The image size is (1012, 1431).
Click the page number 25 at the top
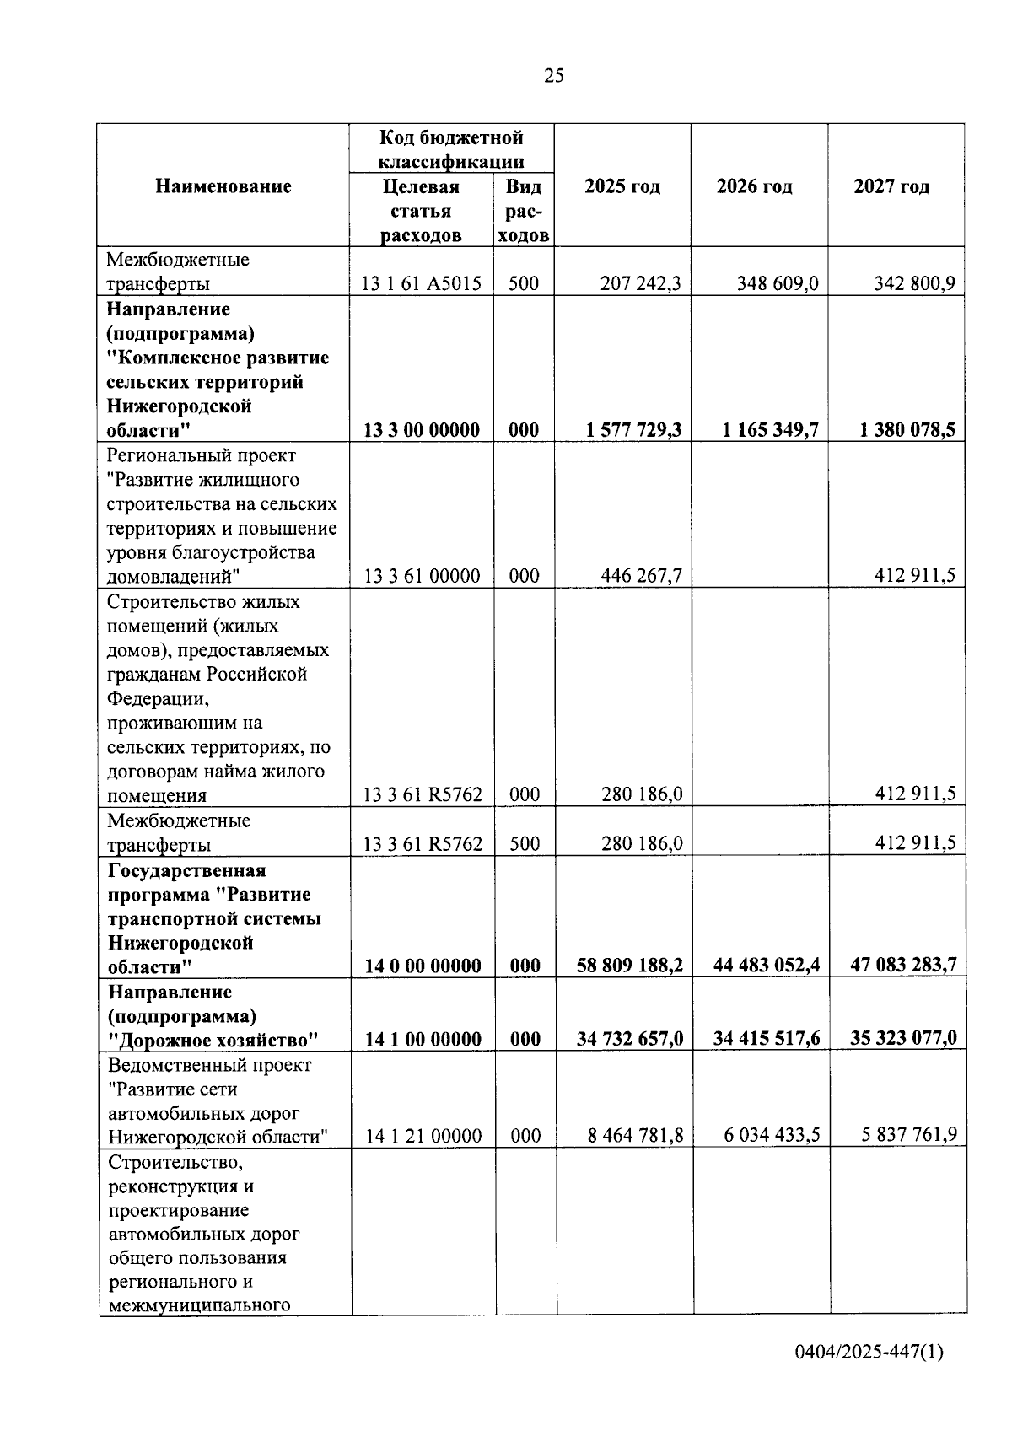coord(554,76)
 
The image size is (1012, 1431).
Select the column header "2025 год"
coord(622,186)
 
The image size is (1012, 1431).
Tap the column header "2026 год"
coord(755,186)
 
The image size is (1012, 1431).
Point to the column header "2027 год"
coord(891,186)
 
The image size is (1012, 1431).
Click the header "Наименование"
coord(223,186)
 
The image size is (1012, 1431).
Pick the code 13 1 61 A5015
coord(422,283)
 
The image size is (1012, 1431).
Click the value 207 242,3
coord(641,283)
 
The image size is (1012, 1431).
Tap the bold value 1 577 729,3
coord(634,430)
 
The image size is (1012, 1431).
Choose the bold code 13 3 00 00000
coord(422,430)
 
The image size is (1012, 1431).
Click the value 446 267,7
coord(641,576)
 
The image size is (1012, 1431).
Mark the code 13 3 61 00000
coord(422,576)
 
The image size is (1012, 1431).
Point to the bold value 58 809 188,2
coord(630,965)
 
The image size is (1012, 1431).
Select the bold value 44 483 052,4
coord(767,965)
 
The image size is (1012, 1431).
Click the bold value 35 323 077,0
coord(903,1037)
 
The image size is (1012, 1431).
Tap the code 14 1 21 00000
coord(423,1136)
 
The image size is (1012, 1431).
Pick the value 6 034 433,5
coord(772,1135)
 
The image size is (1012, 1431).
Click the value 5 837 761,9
coord(909,1135)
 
